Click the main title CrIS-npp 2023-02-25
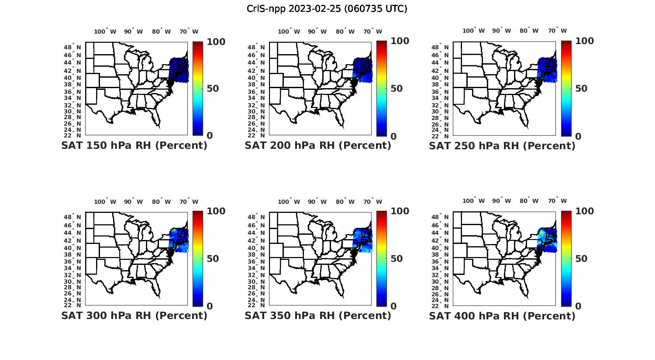(x=327, y=9)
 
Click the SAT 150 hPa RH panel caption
(x=134, y=145)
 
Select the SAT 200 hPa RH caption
(x=318, y=145)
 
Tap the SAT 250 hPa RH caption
(x=502, y=146)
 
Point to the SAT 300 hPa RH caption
(x=134, y=315)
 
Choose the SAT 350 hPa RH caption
(x=318, y=315)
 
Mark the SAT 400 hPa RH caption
(x=502, y=316)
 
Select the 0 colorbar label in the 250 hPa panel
(x=578, y=136)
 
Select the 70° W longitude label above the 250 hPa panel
(x=558, y=31)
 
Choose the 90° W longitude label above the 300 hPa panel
(x=133, y=202)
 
